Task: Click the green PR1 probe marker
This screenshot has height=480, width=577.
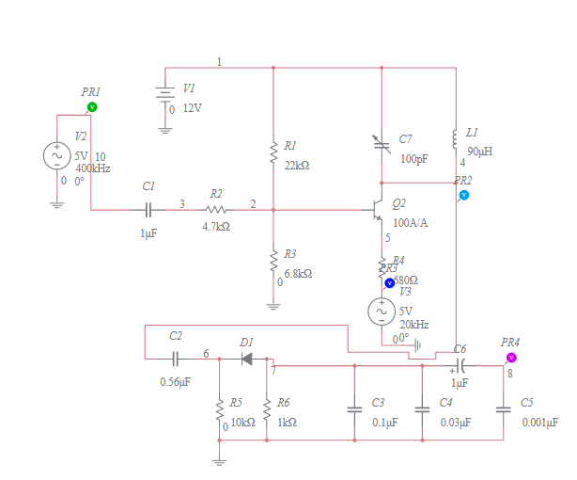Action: (x=92, y=107)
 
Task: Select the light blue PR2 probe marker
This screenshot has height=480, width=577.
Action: (x=463, y=195)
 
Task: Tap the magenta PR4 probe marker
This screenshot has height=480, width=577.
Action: (x=511, y=358)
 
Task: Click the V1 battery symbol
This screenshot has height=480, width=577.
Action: (x=165, y=95)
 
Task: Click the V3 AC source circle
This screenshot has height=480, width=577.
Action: (x=382, y=310)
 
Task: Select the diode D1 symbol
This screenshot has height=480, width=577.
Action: (x=247, y=358)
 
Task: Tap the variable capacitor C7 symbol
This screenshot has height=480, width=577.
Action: (x=381, y=144)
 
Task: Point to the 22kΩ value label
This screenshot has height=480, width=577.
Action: (x=297, y=165)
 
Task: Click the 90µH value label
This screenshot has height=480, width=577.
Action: (x=480, y=151)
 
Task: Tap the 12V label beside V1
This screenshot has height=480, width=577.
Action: (x=192, y=108)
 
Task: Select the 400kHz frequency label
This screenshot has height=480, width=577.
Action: (x=95, y=168)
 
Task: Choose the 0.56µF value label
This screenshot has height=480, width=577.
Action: (x=176, y=382)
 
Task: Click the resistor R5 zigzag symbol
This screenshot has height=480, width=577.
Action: (x=220, y=409)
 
